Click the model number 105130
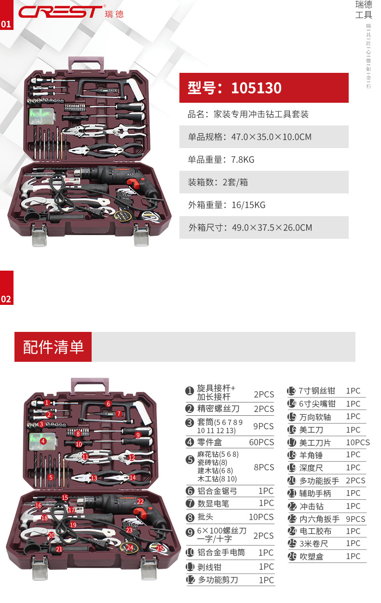256,88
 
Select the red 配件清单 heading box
53,347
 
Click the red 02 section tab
6,299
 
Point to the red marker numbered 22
140,502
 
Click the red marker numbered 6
109,404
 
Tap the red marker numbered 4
43,441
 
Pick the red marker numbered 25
159,548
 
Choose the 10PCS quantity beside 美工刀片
358,442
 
